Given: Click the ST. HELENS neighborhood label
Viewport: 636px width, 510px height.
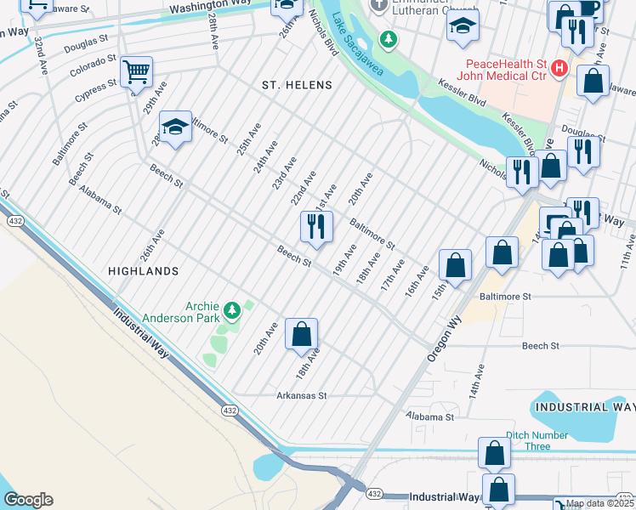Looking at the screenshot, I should click(x=297, y=86).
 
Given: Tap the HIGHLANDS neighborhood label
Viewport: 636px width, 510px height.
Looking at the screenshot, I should click(x=144, y=270).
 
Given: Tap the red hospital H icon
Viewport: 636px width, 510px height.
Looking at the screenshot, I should click(x=559, y=67).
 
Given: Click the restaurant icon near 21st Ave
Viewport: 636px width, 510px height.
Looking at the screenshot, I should click(x=315, y=227).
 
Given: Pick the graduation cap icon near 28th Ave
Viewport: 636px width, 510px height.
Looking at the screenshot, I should click(x=175, y=128).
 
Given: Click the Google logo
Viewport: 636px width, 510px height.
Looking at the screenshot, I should click(x=28, y=500).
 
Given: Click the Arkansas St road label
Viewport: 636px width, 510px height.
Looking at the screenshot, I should click(x=302, y=395).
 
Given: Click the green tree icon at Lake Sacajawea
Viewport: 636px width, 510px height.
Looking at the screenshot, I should click(x=388, y=39).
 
